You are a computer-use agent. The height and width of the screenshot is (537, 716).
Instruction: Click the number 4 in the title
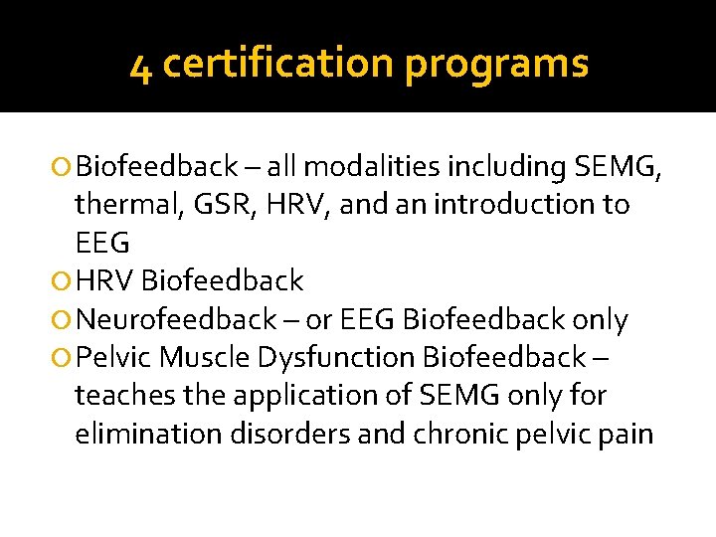(140, 67)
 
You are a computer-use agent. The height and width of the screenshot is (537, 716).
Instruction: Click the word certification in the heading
(277, 64)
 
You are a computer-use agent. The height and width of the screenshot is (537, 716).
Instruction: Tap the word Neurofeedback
(176, 320)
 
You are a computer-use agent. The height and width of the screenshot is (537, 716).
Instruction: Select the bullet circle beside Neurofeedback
(64, 320)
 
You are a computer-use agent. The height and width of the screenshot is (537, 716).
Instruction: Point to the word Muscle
(205, 357)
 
